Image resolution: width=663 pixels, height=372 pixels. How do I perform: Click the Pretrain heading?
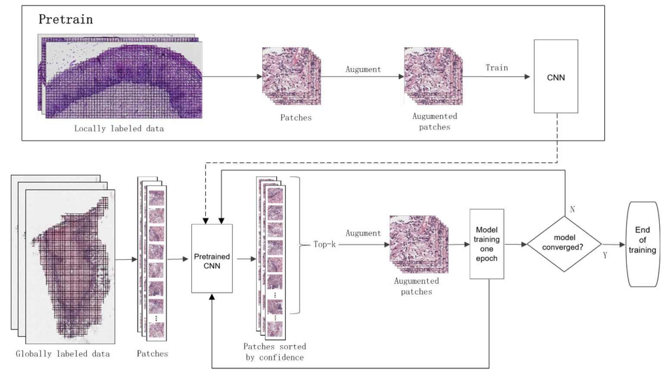(66, 19)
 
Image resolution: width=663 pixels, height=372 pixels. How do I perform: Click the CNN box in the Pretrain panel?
(556, 77)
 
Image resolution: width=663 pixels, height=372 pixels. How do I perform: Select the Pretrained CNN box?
(212, 259)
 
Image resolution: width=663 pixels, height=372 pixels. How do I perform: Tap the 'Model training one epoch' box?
(487, 244)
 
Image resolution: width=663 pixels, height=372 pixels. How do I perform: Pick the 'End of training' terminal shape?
(642, 244)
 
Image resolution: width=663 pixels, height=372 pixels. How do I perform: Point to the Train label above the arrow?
(497, 68)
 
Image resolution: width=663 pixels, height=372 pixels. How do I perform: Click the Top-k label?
(324, 244)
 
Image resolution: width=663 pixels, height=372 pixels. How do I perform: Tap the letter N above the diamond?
(572, 209)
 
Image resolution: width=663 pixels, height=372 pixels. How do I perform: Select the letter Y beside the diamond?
(605, 255)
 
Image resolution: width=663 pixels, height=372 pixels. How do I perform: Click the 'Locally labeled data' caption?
(119, 128)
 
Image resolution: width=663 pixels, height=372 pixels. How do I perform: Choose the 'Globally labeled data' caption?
(63, 354)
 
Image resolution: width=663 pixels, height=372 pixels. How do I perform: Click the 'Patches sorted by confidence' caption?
(275, 352)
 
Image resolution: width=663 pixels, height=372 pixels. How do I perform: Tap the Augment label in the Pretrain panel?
(363, 69)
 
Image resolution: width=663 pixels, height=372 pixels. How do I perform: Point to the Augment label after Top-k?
(363, 233)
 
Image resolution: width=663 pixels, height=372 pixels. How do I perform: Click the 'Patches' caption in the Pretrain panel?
(296, 118)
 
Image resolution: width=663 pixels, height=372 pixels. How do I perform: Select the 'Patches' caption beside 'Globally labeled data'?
(152, 354)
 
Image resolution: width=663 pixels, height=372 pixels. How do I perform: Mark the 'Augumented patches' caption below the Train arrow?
(435, 122)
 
